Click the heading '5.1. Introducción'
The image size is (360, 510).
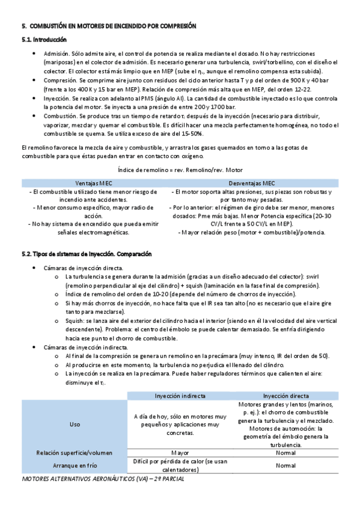coord(40,40)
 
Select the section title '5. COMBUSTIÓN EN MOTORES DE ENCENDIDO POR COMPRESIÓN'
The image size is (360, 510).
coord(108,26)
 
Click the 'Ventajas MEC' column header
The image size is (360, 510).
coord(94,183)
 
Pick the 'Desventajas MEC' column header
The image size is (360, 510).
coord(252,183)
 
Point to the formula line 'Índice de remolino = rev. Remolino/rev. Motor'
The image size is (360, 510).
coord(180,170)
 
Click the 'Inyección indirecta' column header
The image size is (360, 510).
coord(180,396)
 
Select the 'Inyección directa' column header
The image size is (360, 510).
coord(282,396)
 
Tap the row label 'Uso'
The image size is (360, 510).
coord(75,424)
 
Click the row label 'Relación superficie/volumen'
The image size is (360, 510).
coord(75,452)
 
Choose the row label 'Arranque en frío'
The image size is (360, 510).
coord(75,465)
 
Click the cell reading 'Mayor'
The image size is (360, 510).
coord(180,452)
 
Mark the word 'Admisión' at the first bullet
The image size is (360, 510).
coord(56,54)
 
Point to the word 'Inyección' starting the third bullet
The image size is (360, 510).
coord(56,97)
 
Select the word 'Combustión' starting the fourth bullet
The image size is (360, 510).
coord(60,115)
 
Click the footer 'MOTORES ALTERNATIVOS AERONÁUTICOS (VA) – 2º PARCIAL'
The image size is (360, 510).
coord(102,480)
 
